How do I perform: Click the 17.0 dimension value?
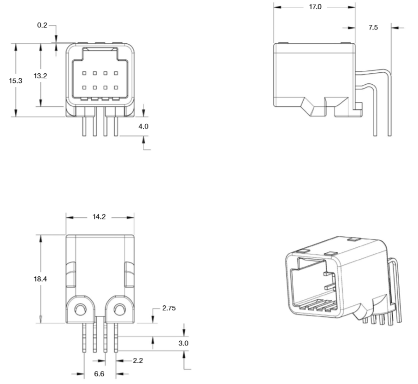(315, 7)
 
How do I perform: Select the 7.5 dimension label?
(373, 28)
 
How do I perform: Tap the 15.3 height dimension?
(16, 81)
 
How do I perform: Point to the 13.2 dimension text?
(40, 76)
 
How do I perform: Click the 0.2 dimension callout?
(42, 25)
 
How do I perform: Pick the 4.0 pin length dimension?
(143, 127)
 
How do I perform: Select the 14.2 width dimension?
(99, 217)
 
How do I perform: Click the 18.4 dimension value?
(40, 279)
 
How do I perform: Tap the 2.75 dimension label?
(169, 308)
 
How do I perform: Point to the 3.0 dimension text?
(183, 343)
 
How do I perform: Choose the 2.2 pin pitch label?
(138, 361)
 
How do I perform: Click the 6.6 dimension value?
(99, 374)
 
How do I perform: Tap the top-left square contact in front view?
(84, 73)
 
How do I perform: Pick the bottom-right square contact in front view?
(116, 87)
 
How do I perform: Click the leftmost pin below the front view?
(84, 127)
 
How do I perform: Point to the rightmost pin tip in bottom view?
(116, 352)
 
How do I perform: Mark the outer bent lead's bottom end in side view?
(390, 136)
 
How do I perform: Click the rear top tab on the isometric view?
(354, 239)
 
